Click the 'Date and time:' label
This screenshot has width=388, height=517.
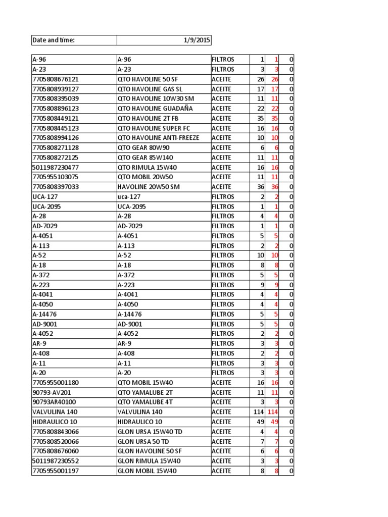click(54, 40)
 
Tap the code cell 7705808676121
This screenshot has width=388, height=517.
click(56, 79)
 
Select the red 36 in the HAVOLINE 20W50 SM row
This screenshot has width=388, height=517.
click(274, 187)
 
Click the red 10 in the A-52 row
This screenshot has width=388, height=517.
click(274, 255)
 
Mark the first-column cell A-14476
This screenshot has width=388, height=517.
click(44, 314)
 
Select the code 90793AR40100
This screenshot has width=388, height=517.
click(54, 402)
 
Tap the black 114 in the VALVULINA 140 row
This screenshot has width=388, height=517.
click(259, 412)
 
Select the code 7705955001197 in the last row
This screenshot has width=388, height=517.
click(56, 471)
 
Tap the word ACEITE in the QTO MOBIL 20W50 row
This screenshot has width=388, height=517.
click(222, 177)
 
